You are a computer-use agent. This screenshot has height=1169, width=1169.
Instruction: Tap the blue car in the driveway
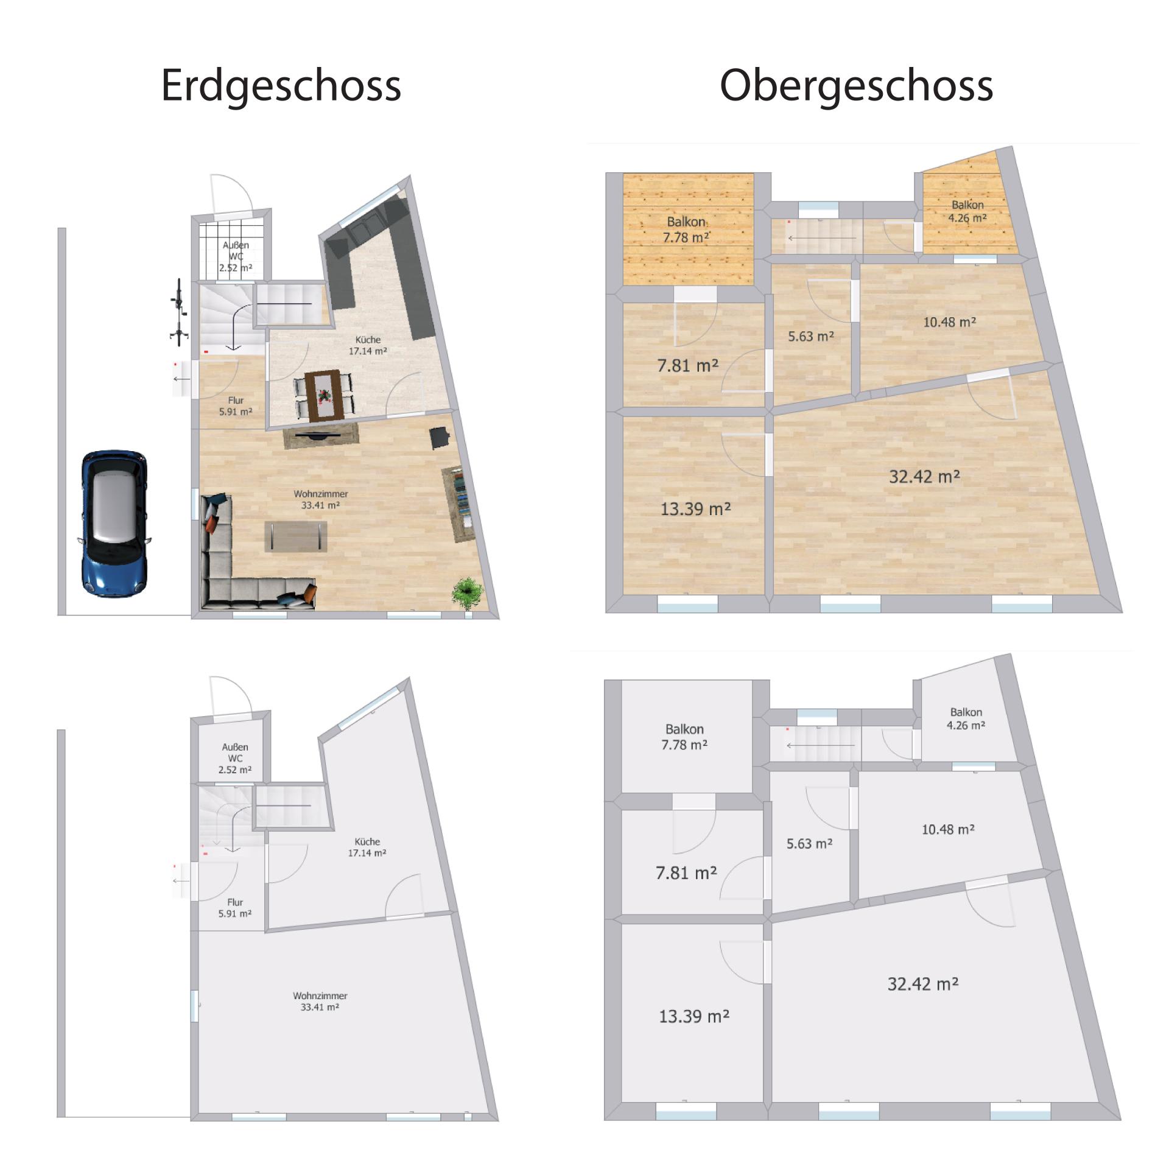tap(114, 523)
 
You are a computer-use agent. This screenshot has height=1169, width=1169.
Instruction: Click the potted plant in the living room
tap(468, 594)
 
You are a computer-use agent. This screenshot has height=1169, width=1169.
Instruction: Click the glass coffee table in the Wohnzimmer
tap(296, 536)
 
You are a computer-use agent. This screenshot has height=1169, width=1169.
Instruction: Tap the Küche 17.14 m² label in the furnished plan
tap(368, 345)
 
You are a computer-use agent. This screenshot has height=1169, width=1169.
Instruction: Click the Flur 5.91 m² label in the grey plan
tap(235, 908)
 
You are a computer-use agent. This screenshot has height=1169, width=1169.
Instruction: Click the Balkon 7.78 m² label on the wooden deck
tap(686, 230)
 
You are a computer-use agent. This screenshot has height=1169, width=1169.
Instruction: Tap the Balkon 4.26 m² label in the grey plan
tap(966, 718)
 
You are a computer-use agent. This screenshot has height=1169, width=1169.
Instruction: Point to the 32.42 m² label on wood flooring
tap(925, 476)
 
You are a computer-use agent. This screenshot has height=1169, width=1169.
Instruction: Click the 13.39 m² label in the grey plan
tap(695, 1016)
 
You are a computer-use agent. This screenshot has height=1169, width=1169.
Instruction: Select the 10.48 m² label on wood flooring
tap(950, 321)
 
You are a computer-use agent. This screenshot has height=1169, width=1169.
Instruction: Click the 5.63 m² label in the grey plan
tap(810, 844)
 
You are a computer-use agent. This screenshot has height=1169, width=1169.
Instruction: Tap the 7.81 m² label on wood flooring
tap(688, 365)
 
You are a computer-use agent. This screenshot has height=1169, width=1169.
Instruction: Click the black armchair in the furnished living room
tap(440, 438)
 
